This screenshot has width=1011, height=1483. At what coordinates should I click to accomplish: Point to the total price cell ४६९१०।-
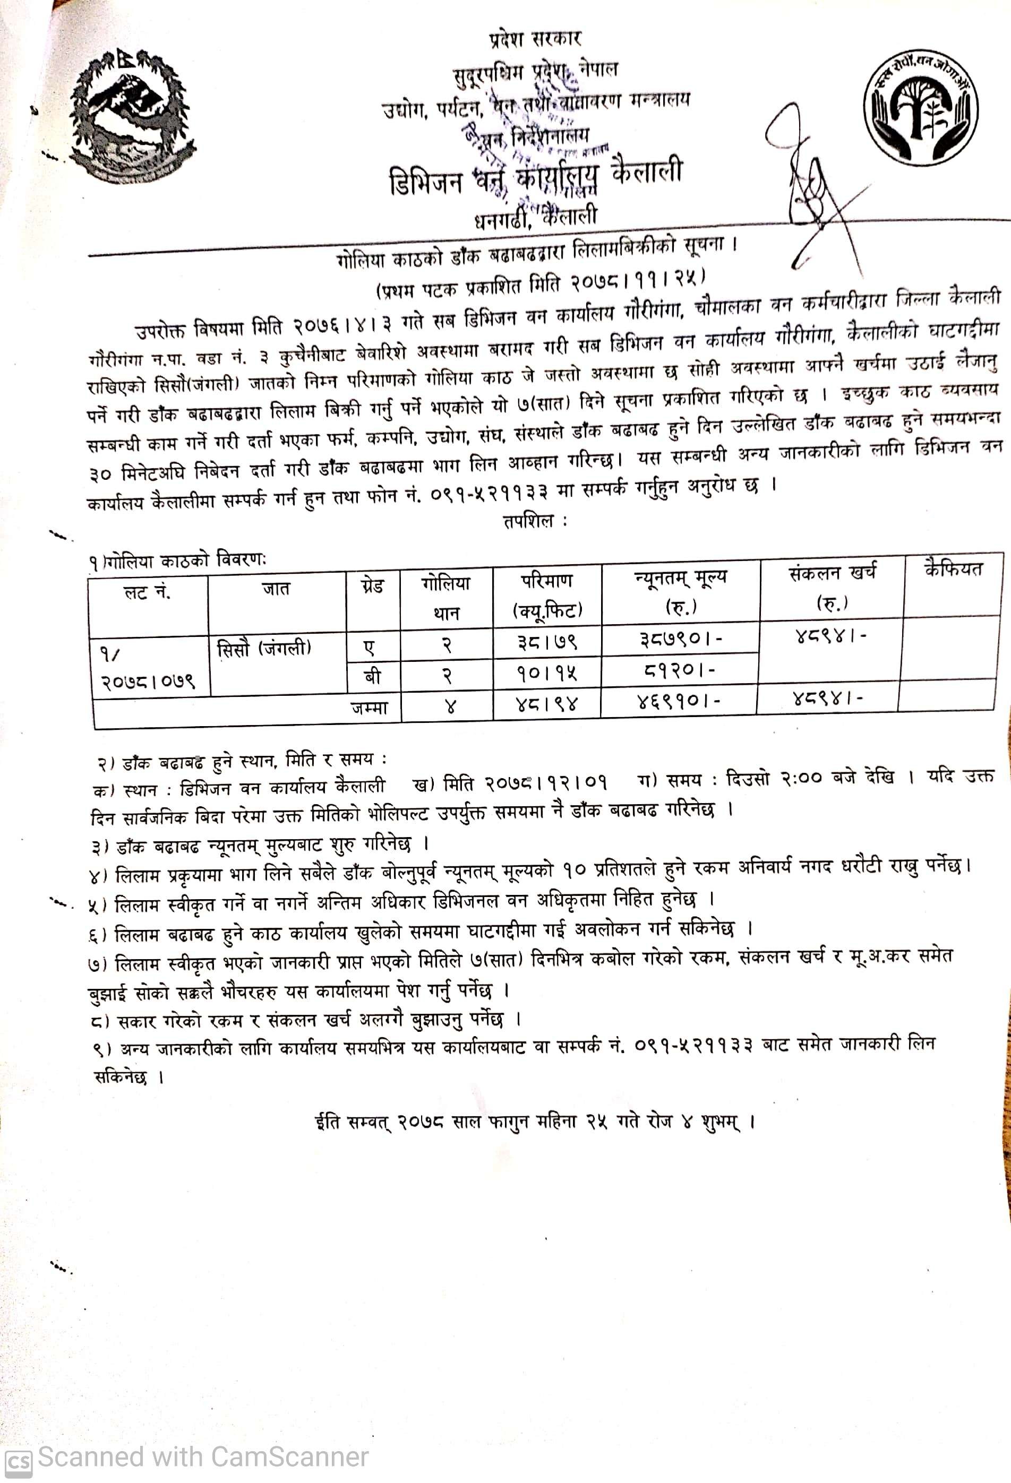click(x=679, y=702)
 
